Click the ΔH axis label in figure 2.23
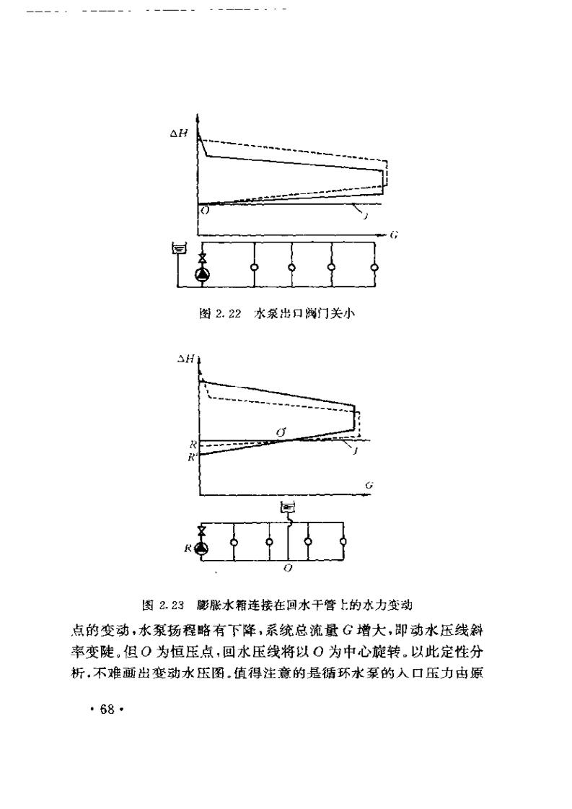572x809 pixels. pyautogui.click(x=187, y=359)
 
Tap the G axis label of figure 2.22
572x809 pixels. pyautogui.click(x=395, y=235)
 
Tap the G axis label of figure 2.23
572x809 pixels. pyautogui.click(x=368, y=486)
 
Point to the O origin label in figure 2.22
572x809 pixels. pyautogui.click(x=205, y=211)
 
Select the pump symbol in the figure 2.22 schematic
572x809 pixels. pyautogui.click(x=202, y=274)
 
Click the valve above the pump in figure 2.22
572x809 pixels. pyautogui.click(x=202, y=259)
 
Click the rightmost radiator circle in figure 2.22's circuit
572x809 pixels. pyautogui.click(x=374, y=268)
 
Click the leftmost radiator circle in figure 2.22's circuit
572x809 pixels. pyautogui.click(x=253, y=268)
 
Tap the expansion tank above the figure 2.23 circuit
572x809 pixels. pyautogui.click(x=287, y=508)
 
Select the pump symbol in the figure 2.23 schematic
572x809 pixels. pyautogui.click(x=201, y=548)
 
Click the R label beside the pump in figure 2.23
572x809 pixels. pyautogui.click(x=188, y=548)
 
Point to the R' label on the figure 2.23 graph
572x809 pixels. pyautogui.click(x=190, y=457)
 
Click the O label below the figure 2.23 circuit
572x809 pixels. pyautogui.click(x=287, y=569)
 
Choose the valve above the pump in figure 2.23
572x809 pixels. pyautogui.click(x=201, y=533)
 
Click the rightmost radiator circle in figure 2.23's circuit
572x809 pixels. pyautogui.click(x=343, y=541)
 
